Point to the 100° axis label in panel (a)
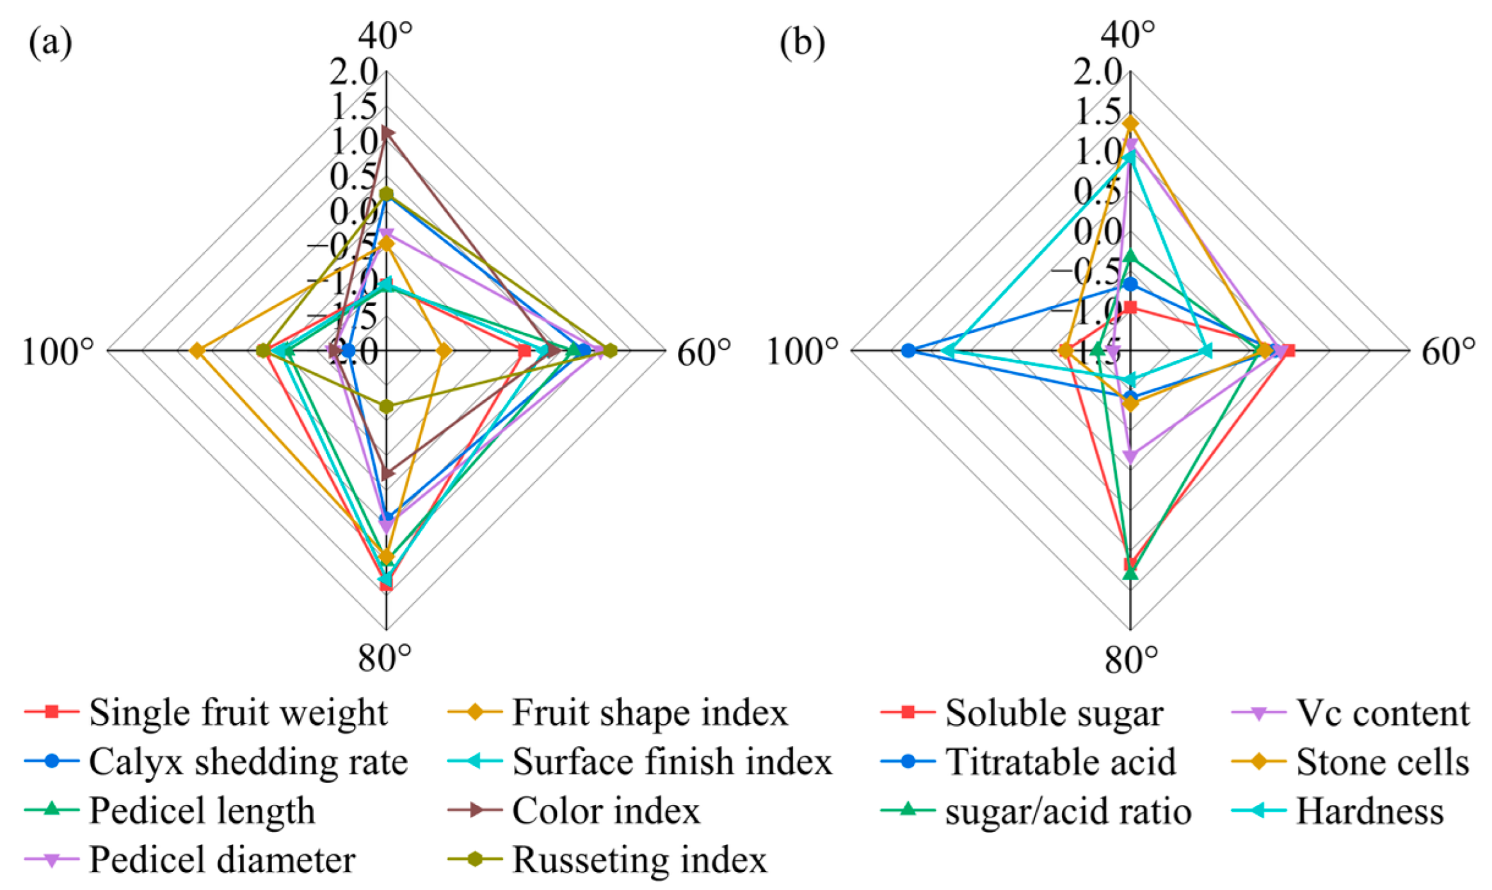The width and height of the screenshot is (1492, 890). click(x=58, y=352)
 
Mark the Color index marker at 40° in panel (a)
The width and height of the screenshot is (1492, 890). click(x=387, y=133)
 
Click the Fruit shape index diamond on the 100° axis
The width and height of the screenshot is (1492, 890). click(x=197, y=351)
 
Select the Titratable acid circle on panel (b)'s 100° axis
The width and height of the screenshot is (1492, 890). click(x=908, y=350)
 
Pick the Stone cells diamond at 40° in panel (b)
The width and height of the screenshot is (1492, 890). click(x=1131, y=123)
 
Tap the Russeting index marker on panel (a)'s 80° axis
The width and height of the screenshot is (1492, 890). click(x=386, y=406)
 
